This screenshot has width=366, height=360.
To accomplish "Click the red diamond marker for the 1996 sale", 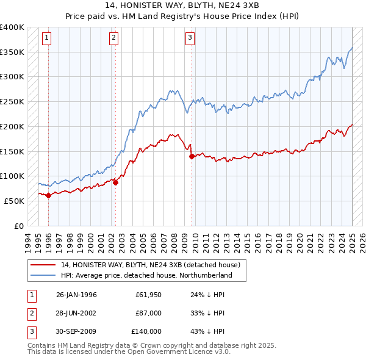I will [x=48, y=195].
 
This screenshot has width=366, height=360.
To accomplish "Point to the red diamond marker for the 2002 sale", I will [x=115, y=182].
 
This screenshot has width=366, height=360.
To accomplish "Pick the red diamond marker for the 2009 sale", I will [x=192, y=156].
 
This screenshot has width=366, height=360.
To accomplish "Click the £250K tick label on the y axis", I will [x=12, y=101].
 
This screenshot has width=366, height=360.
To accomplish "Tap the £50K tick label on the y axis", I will [x=14, y=201].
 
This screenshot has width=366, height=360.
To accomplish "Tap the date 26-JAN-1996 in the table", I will [x=76, y=295].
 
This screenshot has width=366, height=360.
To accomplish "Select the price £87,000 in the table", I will [x=149, y=313].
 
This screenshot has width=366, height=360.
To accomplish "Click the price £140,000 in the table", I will [x=146, y=331].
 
